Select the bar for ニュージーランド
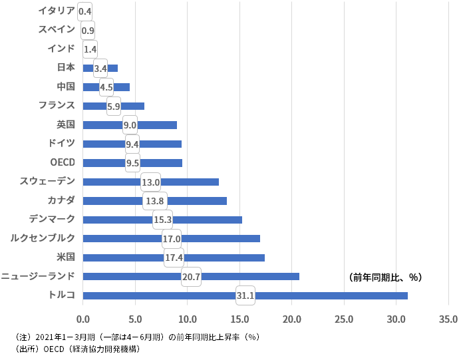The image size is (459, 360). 253,276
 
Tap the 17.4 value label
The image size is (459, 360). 174,258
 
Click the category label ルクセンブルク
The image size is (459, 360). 43,238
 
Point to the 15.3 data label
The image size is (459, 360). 162,220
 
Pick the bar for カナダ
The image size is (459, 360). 193,200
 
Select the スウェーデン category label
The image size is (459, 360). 47,180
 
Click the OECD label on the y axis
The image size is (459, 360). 62,162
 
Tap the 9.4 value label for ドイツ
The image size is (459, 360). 132,144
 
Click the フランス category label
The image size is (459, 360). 57,104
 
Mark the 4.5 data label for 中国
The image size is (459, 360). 106,87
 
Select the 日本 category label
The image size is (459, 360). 66,67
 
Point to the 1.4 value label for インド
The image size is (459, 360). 90,49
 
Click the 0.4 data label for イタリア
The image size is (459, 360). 84,11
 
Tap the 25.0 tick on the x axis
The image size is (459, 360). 344,319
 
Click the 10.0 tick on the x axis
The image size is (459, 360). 187,319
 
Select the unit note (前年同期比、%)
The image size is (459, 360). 385,277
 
